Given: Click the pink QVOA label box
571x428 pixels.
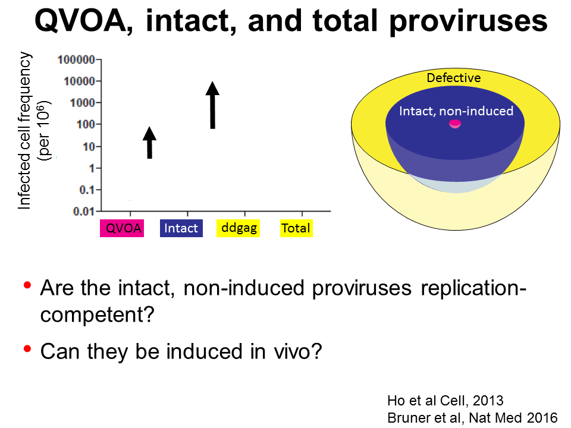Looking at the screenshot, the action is (122, 228).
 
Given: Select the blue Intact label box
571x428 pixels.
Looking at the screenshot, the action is (181, 228).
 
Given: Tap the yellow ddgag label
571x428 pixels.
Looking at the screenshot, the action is (238, 228).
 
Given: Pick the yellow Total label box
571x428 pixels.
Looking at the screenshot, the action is (296, 228).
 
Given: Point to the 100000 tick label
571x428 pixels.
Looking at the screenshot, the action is (77, 59).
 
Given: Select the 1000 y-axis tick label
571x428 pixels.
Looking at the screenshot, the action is (83, 103).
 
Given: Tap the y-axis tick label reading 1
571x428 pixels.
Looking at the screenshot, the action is (92, 168).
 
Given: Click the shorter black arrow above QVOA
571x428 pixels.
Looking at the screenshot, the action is (149, 143).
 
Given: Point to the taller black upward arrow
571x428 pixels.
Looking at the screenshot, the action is (213, 105).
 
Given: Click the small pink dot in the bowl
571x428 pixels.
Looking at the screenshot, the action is (455, 124).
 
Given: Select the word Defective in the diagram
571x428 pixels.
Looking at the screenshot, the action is (454, 78).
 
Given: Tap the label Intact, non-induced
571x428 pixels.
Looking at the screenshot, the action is (456, 111).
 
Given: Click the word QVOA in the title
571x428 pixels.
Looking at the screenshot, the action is (80, 21).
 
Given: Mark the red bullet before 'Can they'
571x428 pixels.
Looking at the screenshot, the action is (27, 349).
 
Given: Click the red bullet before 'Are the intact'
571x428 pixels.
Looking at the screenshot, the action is (27, 285).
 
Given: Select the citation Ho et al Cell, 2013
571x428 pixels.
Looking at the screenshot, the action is (445, 401).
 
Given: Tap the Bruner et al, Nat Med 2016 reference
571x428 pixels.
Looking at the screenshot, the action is (472, 418).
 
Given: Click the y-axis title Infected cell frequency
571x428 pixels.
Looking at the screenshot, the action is (25, 131).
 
